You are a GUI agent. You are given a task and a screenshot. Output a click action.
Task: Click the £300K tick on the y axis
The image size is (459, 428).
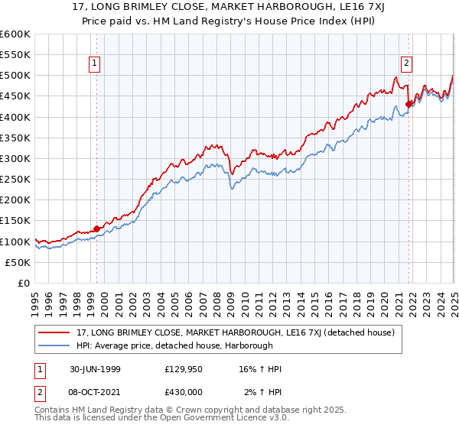[16, 158]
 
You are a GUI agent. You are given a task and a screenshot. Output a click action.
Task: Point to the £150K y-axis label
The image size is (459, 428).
[16, 220]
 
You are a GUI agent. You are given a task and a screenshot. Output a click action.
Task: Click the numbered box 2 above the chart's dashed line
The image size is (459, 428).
[406, 64]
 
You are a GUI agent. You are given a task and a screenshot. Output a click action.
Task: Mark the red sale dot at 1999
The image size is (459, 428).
[97, 229]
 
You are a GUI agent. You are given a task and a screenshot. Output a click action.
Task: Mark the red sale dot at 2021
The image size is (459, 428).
[409, 104]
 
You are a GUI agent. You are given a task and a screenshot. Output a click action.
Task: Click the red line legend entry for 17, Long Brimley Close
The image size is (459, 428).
[236, 332]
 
